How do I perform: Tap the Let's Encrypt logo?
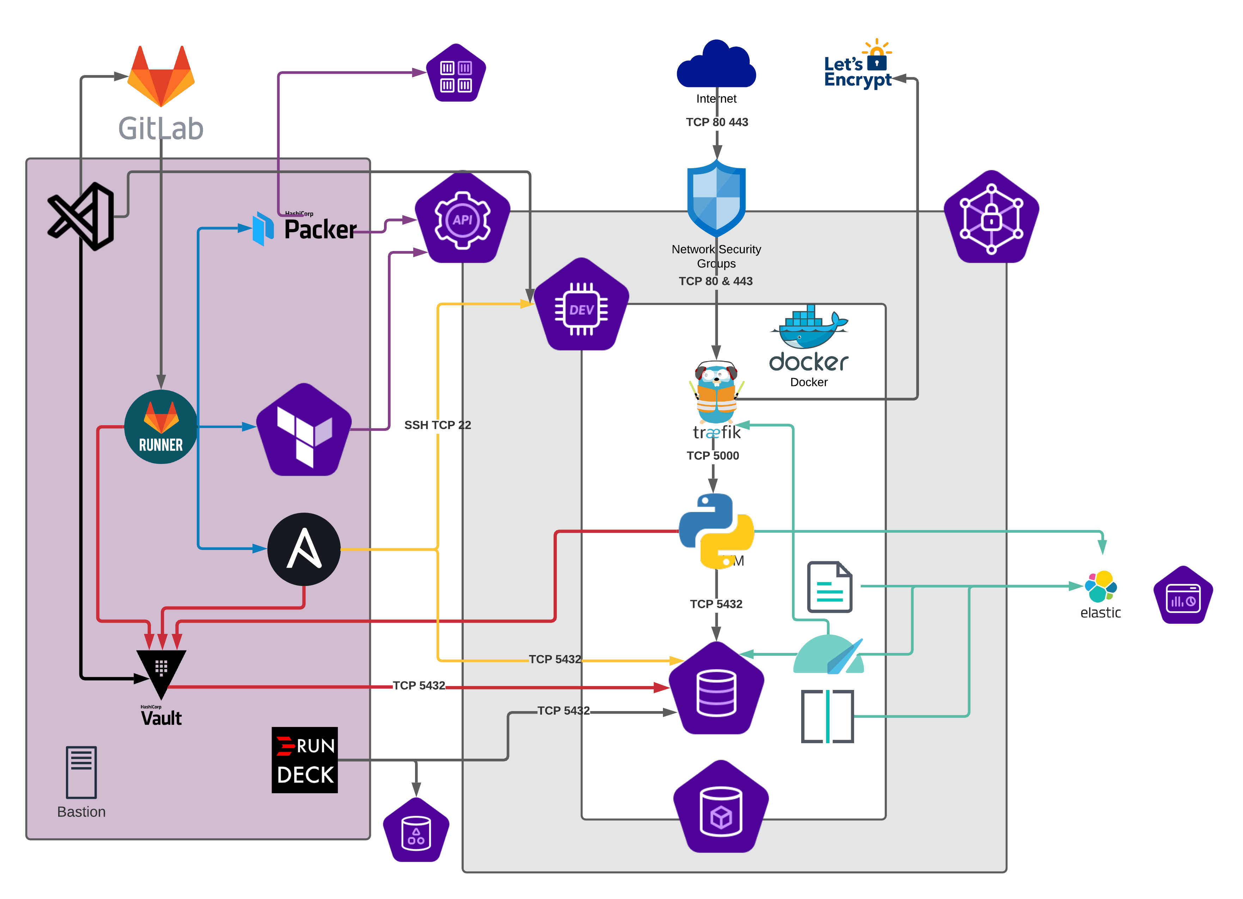click(858, 66)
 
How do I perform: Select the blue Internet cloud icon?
click(716, 65)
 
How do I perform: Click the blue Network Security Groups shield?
click(716, 198)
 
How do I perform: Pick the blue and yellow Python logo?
click(716, 530)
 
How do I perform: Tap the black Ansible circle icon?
click(304, 549)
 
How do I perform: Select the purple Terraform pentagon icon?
click(304, 430)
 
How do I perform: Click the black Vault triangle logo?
click(161, 671)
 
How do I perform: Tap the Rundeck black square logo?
click(305, 760)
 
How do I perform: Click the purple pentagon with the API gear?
click(463, 219)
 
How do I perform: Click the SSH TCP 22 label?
click(437, 425)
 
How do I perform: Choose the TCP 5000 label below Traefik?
click(713, 456)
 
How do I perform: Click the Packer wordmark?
click(320, 229)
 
